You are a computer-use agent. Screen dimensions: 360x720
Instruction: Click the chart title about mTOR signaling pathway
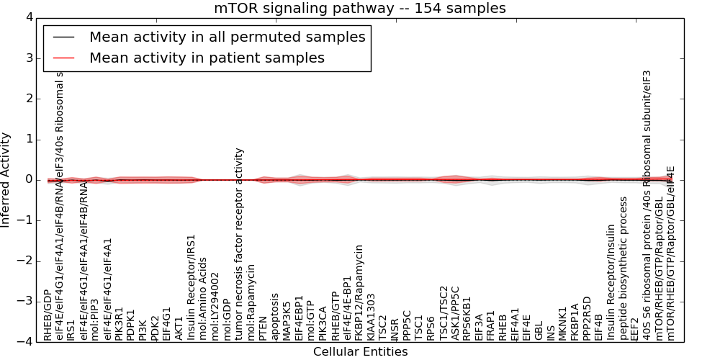click(359, 8)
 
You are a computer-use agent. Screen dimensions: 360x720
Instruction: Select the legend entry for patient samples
click(207, 58)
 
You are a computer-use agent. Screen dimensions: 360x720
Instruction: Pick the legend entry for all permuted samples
click(227, 37)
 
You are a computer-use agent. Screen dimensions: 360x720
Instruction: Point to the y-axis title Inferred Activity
click(6, 179)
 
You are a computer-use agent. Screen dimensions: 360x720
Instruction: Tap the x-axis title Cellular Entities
click(360, 351)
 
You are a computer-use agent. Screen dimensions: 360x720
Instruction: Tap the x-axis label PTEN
click(263, 328)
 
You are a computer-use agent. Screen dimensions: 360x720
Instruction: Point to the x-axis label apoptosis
click(275, 317)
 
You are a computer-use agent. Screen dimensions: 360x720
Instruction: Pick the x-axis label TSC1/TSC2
click(443, 313)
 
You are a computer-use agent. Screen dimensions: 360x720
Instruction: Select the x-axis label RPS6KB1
click(467, 318)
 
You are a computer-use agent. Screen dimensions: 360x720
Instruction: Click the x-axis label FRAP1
click(491, 325)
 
